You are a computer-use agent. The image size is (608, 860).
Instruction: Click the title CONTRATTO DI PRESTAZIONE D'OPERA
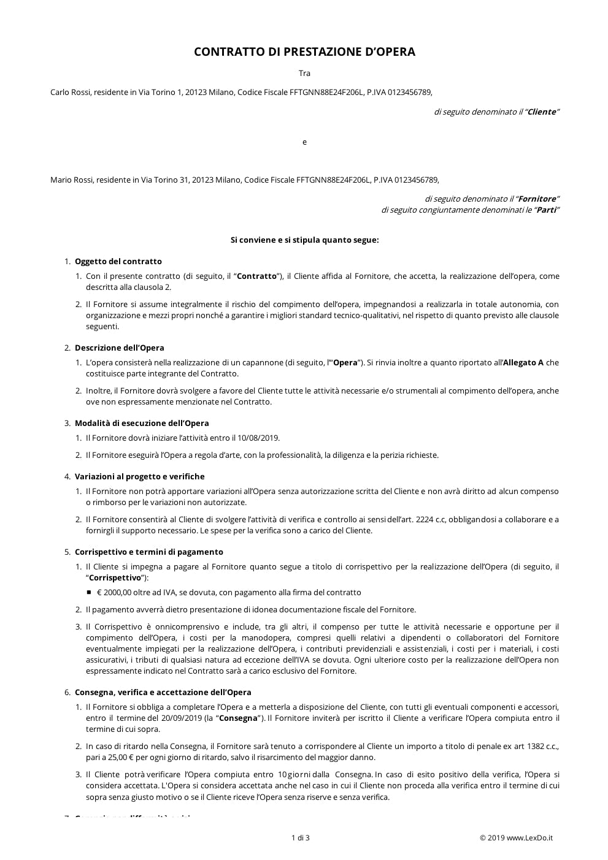tap(304, 52)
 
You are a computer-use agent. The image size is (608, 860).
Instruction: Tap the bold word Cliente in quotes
tap(542, 112)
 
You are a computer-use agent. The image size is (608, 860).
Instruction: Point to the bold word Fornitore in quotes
tap(537, 199)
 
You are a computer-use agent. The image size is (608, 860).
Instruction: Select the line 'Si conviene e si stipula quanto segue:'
tap(304, 240)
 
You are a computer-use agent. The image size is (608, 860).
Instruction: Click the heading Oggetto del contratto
tap(118, 262)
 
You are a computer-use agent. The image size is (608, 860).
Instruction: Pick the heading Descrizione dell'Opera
tap(119, 348)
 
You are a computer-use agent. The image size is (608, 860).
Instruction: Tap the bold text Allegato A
tap(523, 363)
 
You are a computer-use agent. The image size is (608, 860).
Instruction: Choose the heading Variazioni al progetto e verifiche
tap(139, 477)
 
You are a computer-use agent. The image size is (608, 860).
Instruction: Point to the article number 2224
tap(425, 520)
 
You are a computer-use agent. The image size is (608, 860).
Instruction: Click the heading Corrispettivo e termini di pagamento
tap(148, 552)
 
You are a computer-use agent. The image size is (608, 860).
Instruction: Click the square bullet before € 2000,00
tap(89, 593)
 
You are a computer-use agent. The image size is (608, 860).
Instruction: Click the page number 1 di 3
tap(300, 838)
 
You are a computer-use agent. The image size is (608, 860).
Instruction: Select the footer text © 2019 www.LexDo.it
tap(516, 838)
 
